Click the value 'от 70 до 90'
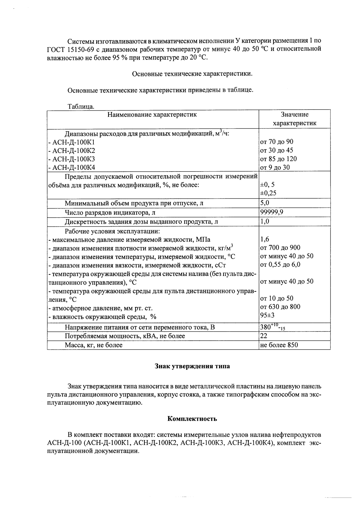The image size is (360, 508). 276,142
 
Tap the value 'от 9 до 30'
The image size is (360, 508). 275,168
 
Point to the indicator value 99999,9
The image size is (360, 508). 272,212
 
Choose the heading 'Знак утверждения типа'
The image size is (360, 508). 192,366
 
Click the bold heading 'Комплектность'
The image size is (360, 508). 192,419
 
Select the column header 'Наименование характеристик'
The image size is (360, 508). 152,115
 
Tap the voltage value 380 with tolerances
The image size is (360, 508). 272,328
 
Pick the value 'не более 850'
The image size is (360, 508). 279,345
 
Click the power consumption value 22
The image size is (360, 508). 264,336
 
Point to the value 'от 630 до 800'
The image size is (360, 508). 280,307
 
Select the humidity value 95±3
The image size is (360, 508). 267,315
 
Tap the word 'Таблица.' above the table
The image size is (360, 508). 81,107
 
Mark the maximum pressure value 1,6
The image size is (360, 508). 264,239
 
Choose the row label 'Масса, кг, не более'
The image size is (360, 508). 93,345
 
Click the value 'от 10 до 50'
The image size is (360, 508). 276,298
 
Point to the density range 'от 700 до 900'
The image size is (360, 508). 280,248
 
